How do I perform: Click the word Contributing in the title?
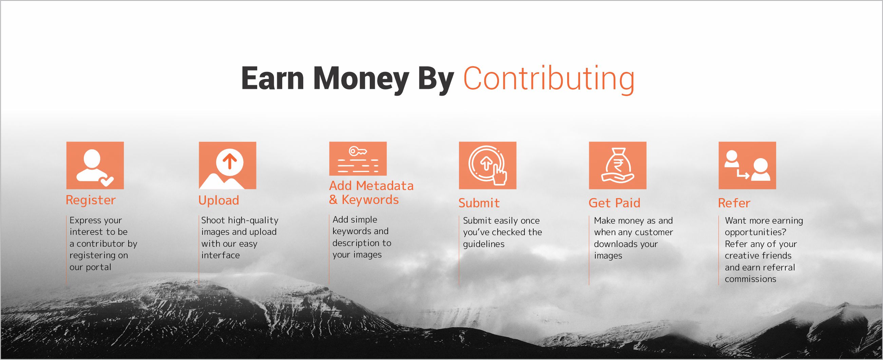point(549,79)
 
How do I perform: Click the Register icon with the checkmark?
point(95,165)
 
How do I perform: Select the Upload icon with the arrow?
point(227,165)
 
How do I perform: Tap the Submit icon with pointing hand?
point(487,165)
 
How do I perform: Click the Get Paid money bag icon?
point(617,165)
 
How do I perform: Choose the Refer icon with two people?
point(747,165)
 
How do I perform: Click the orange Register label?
point(91,200)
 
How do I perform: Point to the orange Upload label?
point(219,200)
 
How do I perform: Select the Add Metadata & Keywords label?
point(371,193)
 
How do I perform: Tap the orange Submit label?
point(479,203)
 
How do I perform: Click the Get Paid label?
point(614,203)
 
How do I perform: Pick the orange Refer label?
point(734,203)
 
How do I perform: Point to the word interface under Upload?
point(220,255)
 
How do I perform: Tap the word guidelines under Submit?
point(484,244)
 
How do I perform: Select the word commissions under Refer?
point(750,279)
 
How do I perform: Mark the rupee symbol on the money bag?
point(617,164)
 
